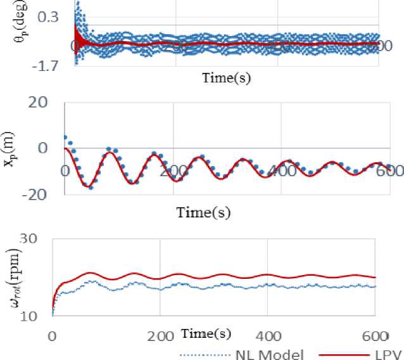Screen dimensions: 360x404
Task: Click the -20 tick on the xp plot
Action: pyautogui.click(x=40, y=194)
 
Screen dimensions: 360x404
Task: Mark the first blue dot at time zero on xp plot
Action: pyautogui.click(x=65, y=137)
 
